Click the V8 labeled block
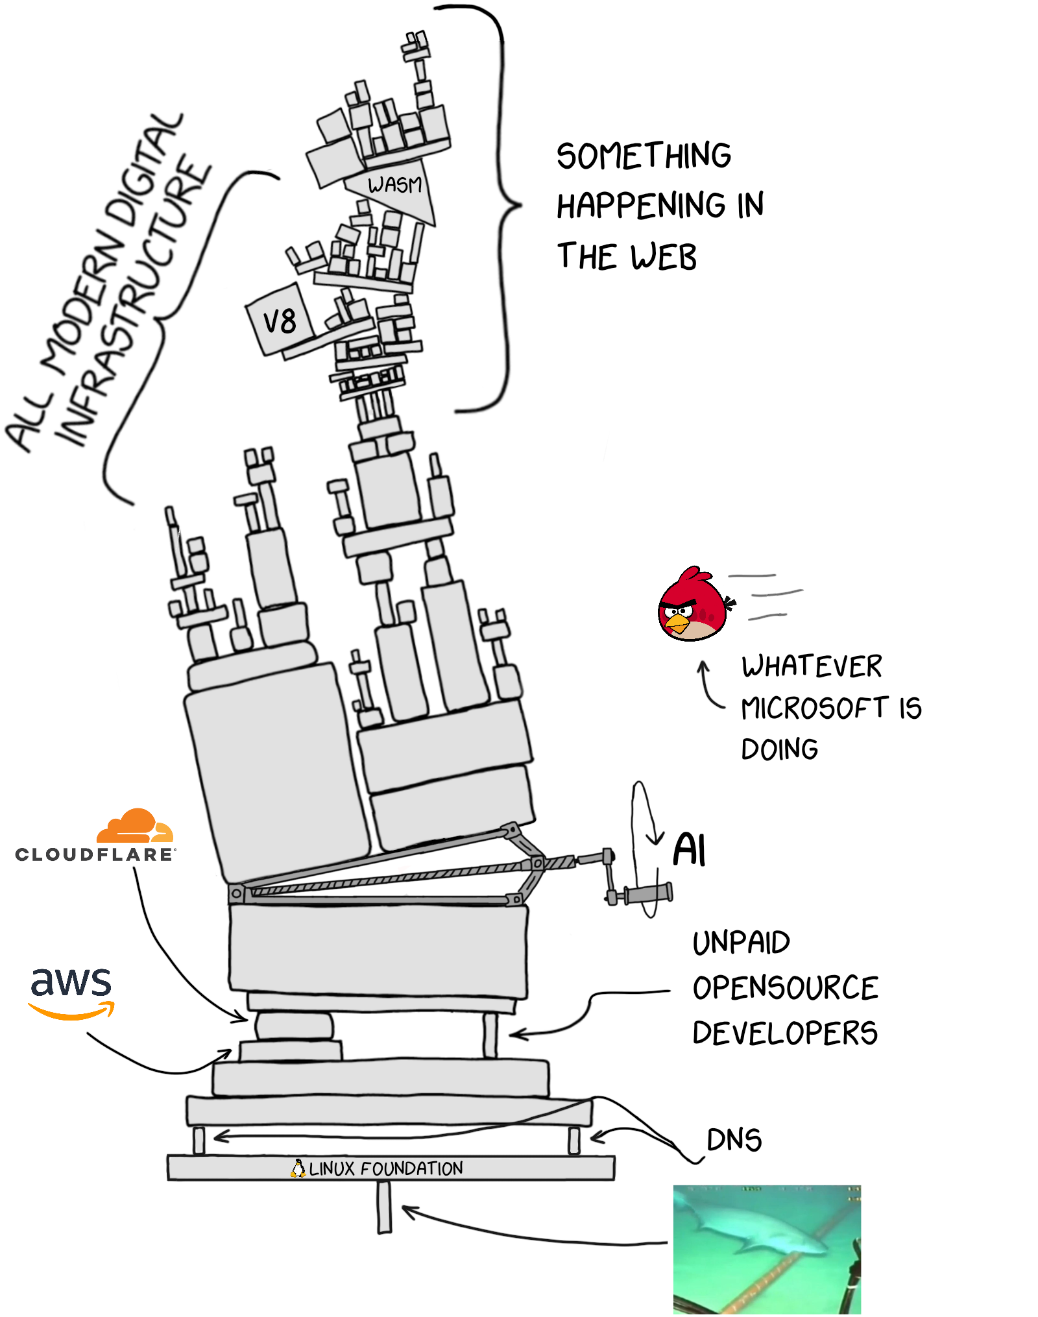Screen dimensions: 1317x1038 coord(280,320)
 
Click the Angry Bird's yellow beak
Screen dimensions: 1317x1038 coord(677,623)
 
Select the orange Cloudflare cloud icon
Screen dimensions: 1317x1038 coord(134,827)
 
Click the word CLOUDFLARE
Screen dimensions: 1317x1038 coord(95,854)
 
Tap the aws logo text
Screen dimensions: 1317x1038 coord(71,982)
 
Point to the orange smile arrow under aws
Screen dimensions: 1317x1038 coord(71,1011)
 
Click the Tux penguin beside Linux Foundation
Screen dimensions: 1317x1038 coord(298,1168)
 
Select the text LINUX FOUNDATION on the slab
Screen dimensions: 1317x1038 coord(386,1168)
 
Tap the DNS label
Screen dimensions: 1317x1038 coord(734,1140)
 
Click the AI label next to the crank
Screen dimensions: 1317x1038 coord(689,850)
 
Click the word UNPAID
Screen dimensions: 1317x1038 coord(741,943)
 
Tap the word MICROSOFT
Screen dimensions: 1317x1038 coord(815,708)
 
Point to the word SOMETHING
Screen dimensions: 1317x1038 coord(644,156)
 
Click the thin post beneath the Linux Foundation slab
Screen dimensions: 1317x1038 coord(385,1207)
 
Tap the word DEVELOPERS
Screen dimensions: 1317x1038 coord(784,1033)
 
